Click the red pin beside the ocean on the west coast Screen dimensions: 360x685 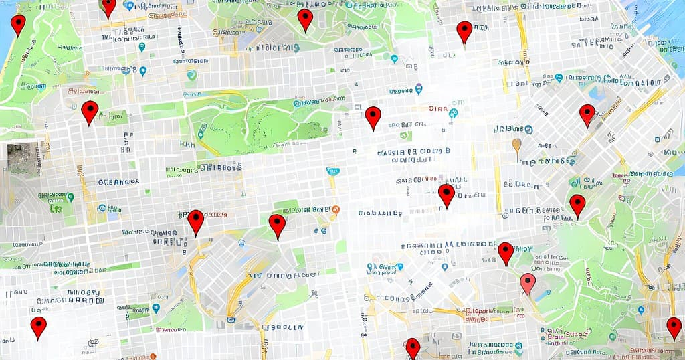pyautogui.click(x=18, y=25)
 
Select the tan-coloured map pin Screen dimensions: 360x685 pyautogui.click(x=516, y=145)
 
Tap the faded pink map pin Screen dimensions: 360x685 pyautogui.click(x=528, y=283)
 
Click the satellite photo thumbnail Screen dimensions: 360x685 pyautogui.click(x=21, y=159)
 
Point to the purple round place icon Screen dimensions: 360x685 pyautogui.click(x=419, y=88)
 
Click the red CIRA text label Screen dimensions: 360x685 pyautogui.click(x=438, y=109)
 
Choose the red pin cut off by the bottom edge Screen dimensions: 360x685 pyautogui.click(x=413, y=347)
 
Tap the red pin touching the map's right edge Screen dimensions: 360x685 pyautogui.click(x=674, y=328)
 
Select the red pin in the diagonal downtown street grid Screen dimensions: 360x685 pyautogui.click(x=587, y=115)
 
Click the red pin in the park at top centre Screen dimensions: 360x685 pyautogui.click(x=305, y=20)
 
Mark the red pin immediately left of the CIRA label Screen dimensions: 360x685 pyautogui.click(x=373, y=117)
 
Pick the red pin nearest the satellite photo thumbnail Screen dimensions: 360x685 pyautogui.click(x=90, y=112)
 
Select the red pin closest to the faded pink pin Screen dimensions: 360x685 pyautogui.click(x=506, y=253)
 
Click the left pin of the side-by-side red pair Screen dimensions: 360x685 pyautogui.click(x=195, y=222)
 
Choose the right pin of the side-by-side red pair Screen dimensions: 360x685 pyautogui.click(x=277, y=226)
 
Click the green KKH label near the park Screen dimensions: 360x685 pyautogui.click(x=187, y=143)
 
